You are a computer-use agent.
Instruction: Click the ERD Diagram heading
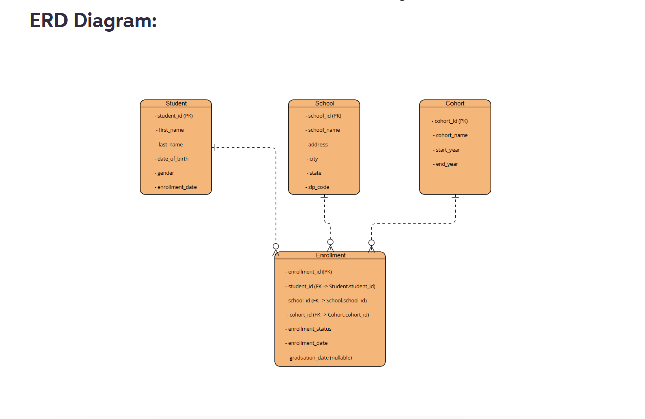click(x=93, y=20)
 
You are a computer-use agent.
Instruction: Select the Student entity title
click(x=176, y=103)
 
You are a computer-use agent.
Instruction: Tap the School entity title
click(x=325, y=103)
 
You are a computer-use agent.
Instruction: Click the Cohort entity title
click(x=455, y=103)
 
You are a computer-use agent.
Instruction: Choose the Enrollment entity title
click(x=331, y=255)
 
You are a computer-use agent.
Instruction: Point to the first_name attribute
click(x=170, y=130)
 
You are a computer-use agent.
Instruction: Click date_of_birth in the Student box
click(x=172, y=159)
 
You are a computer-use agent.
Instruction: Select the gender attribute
click(x=165, y=173)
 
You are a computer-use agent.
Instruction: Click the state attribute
click(x=315, y=173)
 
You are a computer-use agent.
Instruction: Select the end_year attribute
click(x=446, y=164)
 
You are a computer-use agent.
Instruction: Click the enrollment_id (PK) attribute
click(x=309, y=272)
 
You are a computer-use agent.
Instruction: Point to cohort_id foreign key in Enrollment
click(x=328, y=315)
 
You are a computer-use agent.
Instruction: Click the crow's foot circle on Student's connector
click(x=275, y=246)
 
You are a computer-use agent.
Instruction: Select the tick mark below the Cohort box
click(x=455, y=198)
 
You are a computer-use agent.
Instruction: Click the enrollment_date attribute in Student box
click(x=176, y=187)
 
